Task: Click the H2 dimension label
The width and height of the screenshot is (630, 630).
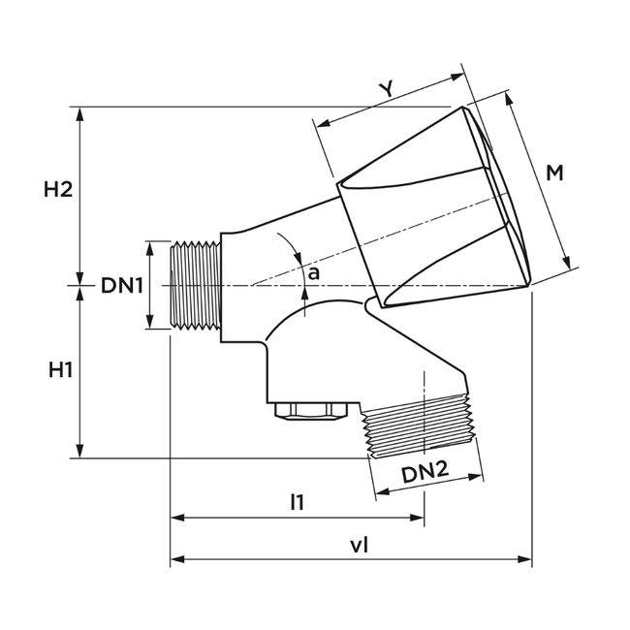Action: pos(58,190)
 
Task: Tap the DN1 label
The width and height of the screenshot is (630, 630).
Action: pos(122,286)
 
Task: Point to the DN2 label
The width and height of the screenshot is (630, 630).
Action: pos(425,472)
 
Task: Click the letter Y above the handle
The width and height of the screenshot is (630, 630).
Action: pos(386,89)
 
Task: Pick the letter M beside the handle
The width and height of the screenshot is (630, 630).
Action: pos(554,173)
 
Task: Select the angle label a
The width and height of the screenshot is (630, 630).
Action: pos(313,274)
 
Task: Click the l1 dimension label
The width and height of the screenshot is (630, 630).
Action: pos(297,502)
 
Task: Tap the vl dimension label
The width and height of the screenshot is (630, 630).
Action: pos(359,545)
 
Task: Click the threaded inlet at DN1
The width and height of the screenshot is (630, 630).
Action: pos(196,286)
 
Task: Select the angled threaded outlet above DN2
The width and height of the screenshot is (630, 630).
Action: pos(419,423)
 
